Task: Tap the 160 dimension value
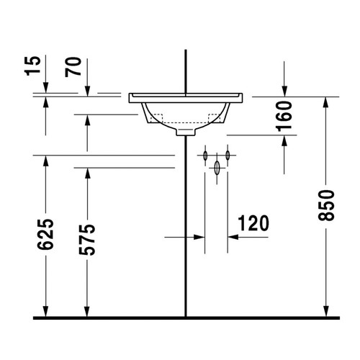click(x=284, y=115)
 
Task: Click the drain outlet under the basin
click(x=186, y=134)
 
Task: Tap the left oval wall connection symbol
click(x=205, y=155)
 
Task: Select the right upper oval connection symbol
click(x=228, y=155)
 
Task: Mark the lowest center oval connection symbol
click(x=217, y=167)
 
